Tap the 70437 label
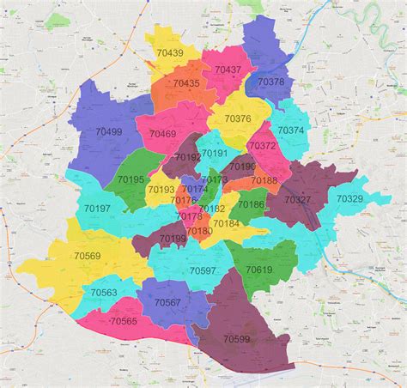(228, 70)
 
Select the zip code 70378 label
(270, 82)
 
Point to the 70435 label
(185, 83)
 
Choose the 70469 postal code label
(162, 134)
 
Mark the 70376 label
(238, 118)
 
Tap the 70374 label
(290, 130)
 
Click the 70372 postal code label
(262, 146)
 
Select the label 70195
(131, 179)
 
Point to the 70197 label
(97, 209)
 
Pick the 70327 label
(298, 199)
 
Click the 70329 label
(349, 198)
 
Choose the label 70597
(203, 270)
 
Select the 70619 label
(258, 270)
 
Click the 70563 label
(104, 292)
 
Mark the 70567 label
(167, 302)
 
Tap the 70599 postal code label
(237, 339)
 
